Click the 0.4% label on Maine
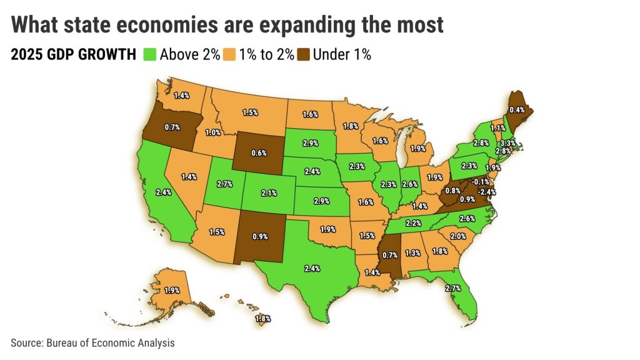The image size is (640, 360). coord(517,110)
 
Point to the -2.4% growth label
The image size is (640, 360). coord(487,192)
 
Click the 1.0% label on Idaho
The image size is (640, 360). coord(213,132)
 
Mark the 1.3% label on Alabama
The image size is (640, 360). coord(412,252)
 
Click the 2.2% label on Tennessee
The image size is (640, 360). coord(413,223)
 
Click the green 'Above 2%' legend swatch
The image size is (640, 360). coord(150,54)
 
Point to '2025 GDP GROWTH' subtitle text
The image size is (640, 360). coord(73,55)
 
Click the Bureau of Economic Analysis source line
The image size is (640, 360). coord(92,342)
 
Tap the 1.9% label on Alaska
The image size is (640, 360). coord(170,290)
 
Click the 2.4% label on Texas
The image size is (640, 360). coord(311,269)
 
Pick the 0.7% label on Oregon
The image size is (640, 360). coord(172,127)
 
